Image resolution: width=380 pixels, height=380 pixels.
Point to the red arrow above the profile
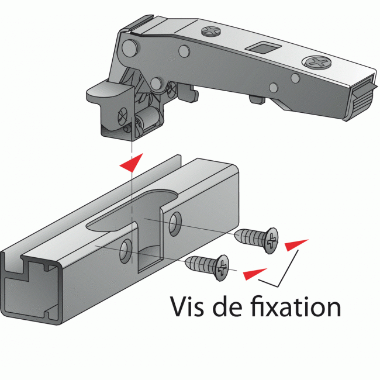pos(130,163)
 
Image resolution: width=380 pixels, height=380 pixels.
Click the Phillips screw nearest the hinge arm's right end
pos(318,60)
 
